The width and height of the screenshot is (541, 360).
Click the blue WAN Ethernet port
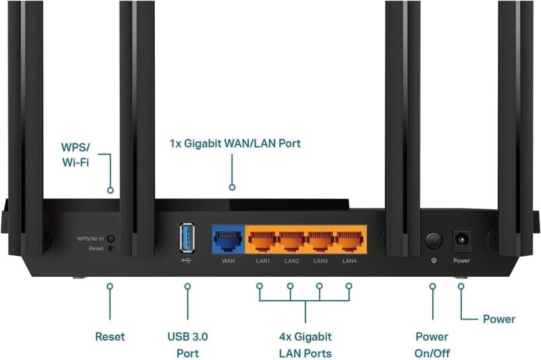click(x=228, y=240)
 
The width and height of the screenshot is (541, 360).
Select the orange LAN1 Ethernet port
click(x=262, y=240)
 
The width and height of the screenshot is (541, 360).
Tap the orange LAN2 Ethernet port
click(x=291, y=240)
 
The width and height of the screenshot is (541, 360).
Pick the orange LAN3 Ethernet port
click(x=321, y=240)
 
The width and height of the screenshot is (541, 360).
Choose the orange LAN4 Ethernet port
click(x=350, y=240)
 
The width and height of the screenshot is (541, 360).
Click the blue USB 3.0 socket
click(x=187, y=238)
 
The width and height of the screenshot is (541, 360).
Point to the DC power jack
click(x=461, y=239)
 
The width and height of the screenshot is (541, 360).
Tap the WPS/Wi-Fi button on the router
click(x=111, y=238)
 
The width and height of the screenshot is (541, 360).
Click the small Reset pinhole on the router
click(x=110, y=248)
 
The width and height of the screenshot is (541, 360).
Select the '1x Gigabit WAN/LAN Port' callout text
click(x=235, y=143)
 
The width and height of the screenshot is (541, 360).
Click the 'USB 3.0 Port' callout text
click(x=188, y=345)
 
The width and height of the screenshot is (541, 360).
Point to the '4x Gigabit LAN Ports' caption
click(x=306, y=345)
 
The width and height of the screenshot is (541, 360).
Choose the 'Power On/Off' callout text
click(x=432, y=345)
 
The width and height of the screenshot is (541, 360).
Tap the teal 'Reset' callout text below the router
click(x=110, y=336)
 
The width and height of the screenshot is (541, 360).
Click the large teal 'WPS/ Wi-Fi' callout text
click(x=75, y=154)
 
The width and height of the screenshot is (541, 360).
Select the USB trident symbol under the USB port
click(x=187, y=261)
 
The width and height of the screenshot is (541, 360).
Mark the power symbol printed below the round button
click(x=433, y=261)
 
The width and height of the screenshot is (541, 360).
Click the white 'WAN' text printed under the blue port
click(x=228, y=261)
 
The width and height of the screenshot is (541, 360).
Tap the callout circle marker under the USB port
click(x=187, y=286)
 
